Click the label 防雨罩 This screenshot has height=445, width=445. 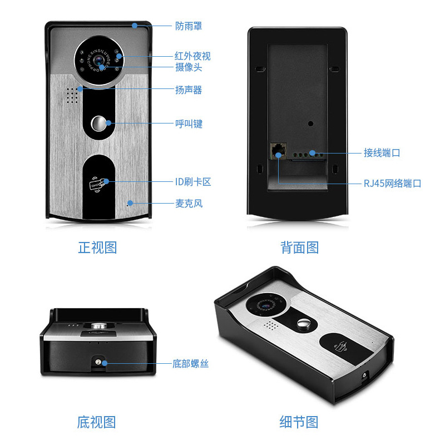click(x=189, y=26)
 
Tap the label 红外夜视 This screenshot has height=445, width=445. click(x=192, y=56)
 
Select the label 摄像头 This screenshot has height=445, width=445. click(x=189, y=67)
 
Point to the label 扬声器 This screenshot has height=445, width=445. click(x=189, y=90)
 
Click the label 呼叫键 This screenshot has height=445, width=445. click(x=189, y=124)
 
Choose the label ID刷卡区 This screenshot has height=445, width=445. click(x=193, y=182)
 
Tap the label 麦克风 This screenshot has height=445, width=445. click(x=189, y=204)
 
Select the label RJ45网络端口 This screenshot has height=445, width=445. click(x=392, y=183)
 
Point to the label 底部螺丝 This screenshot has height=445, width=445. click(x=190, y=364)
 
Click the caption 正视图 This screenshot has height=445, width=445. click(x=97, y=248)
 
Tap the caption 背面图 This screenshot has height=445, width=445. click(x=299, y=248)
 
